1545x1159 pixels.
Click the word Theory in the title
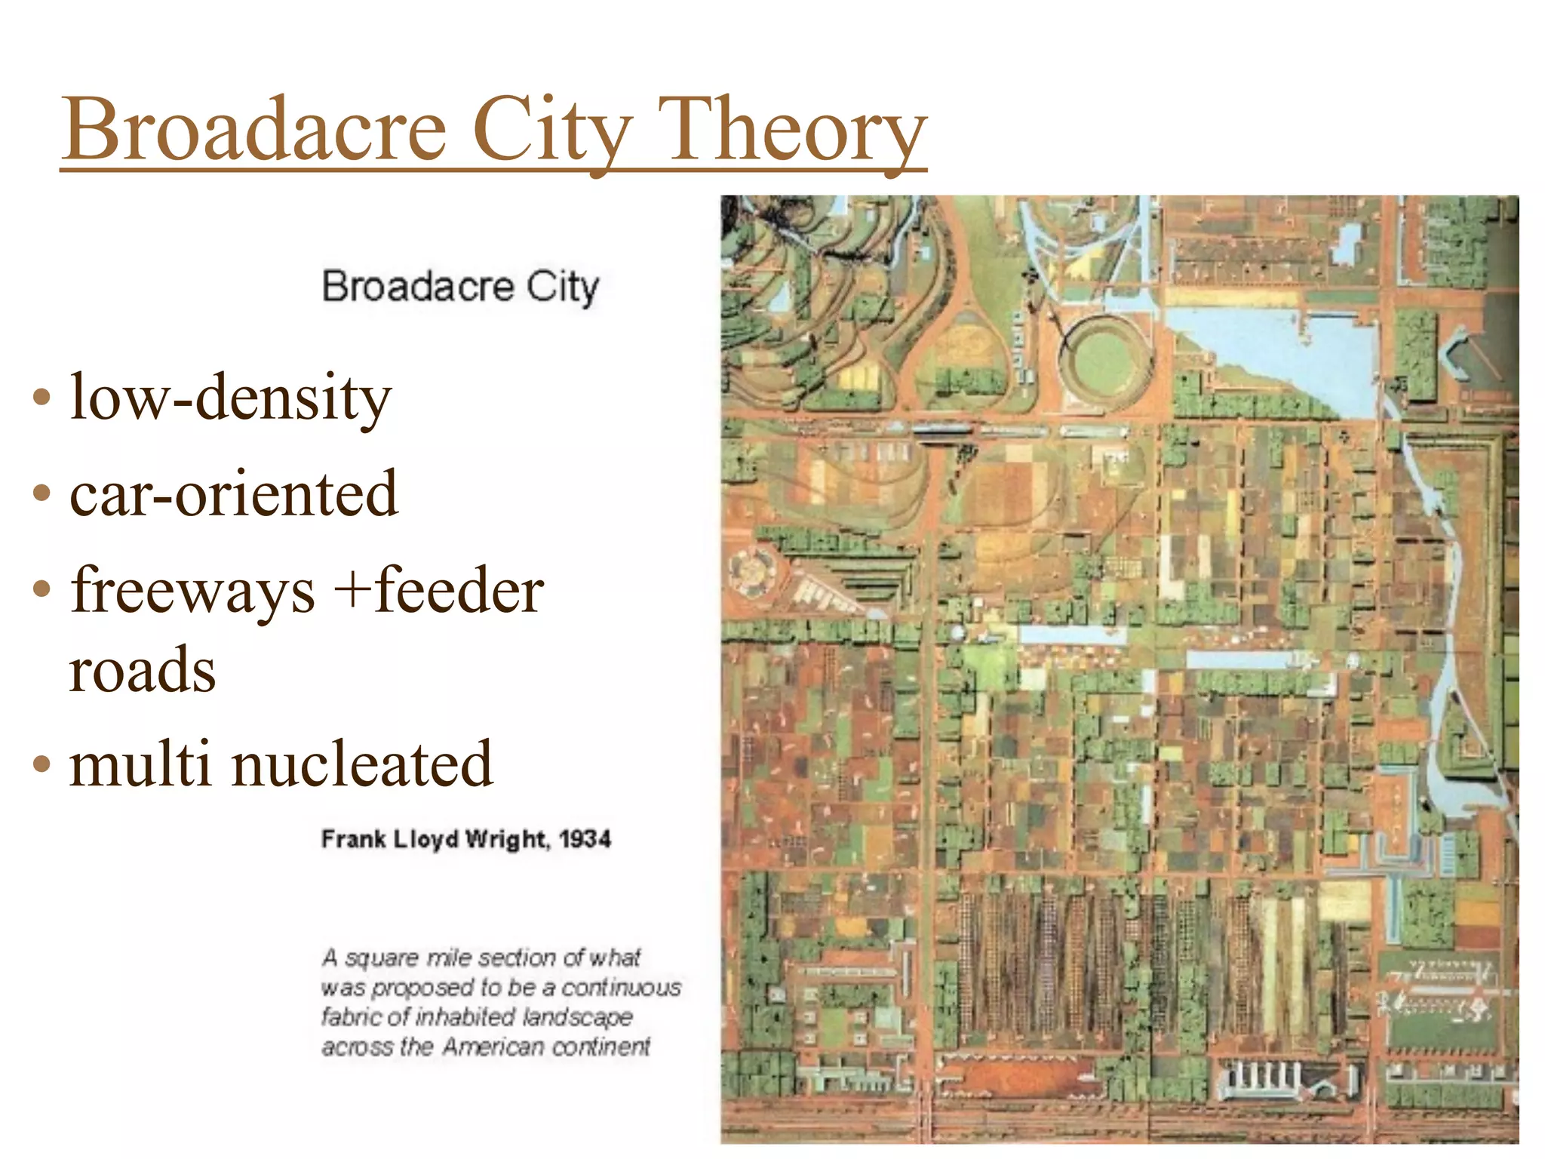tap(792, 130)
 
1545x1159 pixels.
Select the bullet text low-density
tap(230, 398)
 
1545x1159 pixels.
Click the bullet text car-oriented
tap(234, 493)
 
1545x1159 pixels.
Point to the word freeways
tap(192, 591)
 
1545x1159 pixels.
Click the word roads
tap(142, 670)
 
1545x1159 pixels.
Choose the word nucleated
tap(362, 764)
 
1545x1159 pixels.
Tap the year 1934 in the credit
tap(585, 839)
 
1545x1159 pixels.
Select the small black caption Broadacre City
tap(460, 287)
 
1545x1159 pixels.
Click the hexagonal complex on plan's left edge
tap(751, 570)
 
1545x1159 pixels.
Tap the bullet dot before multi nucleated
tap(42, 765)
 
